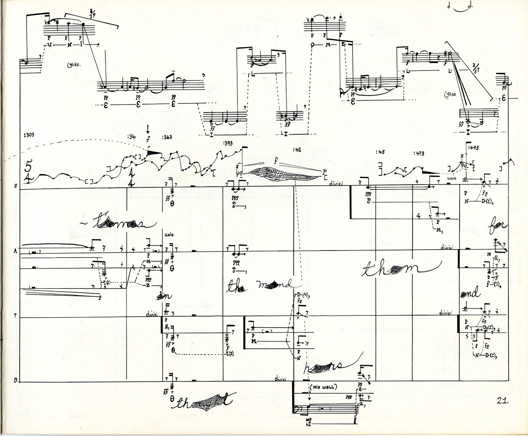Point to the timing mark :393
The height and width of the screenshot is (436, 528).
pyautogui.click(x=227, y=143)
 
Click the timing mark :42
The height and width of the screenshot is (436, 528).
pyautogui.click(x=297, y=150)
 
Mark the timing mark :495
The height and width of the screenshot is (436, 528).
pyautogui.click(x=473, y=148)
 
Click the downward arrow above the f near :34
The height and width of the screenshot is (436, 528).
pyautogui.click(x=148, y=128)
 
